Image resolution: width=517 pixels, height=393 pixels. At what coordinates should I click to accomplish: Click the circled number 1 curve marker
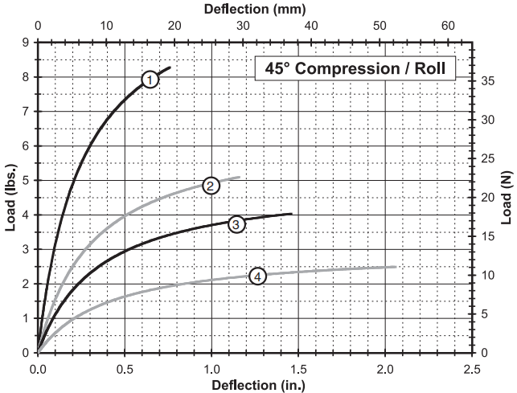click(150, 79)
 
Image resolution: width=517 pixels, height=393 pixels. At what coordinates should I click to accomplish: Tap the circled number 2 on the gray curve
click(211, 186)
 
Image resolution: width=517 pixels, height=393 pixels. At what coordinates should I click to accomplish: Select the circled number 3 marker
click(236, 224)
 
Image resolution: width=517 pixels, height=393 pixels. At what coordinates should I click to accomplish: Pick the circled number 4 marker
click(257, 276)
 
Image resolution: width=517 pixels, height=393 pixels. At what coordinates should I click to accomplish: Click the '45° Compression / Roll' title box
click(355, 68)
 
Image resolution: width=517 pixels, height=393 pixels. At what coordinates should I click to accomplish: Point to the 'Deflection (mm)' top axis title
click(254, 9)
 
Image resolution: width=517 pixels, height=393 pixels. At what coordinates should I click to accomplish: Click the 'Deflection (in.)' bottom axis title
click(254, 384)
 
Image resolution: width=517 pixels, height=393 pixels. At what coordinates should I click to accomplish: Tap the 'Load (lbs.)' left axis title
click(10, 197)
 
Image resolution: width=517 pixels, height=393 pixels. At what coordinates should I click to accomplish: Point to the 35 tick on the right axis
click(486, 80)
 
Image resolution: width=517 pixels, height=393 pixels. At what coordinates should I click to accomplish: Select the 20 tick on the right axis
click(486, 197)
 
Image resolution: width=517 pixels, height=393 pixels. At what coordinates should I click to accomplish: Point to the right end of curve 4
click(396, 267)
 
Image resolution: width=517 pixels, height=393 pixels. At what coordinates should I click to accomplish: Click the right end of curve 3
click(291, 214)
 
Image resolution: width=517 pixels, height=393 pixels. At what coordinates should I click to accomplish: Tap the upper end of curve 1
click(170, 68)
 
